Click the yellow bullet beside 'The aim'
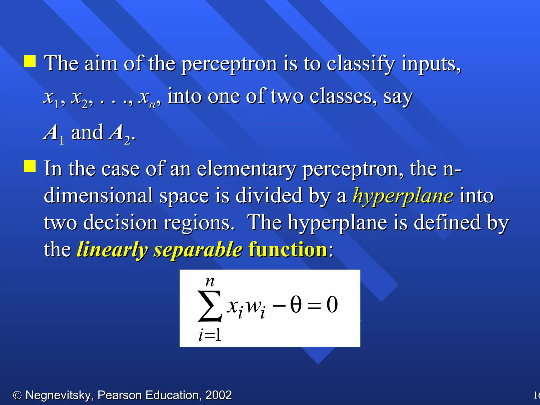click(x=30, y=61)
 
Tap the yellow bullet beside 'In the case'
click(x=30, y=166)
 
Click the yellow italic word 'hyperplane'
click(x=403, y=196)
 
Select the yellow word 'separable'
click(x=198, y=250)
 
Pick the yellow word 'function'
click(x=288, y=249)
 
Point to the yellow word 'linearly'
click(x=112, y=250)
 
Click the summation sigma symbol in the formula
click(x=210, y=306)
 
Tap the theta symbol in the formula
click(x=296, y=304)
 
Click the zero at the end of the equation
click(x=332, y=305)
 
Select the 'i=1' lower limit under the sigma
click(x=210, y=335)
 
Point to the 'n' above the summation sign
click(x=210, y=282)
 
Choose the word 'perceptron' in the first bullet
click(x=229, y=65)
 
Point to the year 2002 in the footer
click(x=219, y=395)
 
